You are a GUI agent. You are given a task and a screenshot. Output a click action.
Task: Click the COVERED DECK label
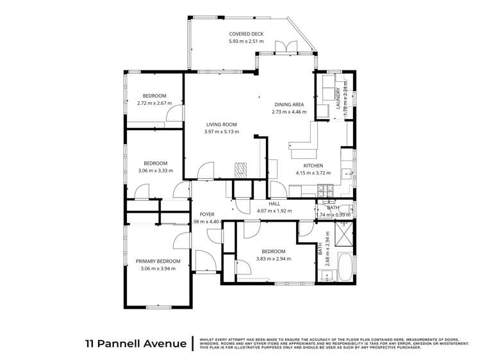(x=247, y=34)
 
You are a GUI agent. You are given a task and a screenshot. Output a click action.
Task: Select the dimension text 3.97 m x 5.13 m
(x=221, y=132)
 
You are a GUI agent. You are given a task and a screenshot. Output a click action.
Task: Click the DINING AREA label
(x=290, y=104)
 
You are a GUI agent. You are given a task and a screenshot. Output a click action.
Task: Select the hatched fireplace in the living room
(x=240, y=169)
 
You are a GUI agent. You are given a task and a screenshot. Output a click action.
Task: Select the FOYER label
(x=206, y=214)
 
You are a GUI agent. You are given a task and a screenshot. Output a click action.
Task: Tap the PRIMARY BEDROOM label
(x=158, y=261)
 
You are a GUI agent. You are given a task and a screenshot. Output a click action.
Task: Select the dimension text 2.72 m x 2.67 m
(x=154, y=103)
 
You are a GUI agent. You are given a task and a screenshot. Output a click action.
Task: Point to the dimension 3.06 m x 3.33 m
(x=156, y=170)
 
